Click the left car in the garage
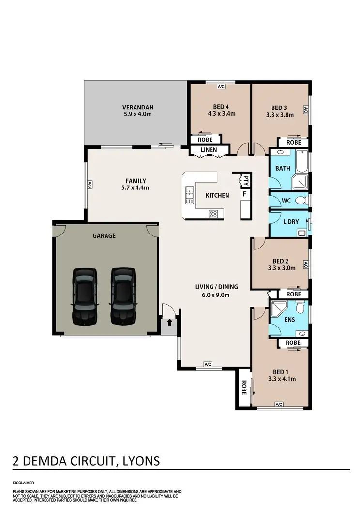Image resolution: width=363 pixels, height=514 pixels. (85, 296)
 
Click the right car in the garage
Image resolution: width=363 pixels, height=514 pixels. (122, 296)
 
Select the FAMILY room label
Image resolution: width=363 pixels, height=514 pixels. (136, 181)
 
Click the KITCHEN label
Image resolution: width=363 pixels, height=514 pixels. (217, 195)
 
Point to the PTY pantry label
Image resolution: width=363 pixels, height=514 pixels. (246, 180)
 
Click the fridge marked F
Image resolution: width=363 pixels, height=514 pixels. (244, 194)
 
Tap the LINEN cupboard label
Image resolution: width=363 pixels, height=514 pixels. (209, 150)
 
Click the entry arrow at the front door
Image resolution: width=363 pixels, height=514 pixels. (169, 321)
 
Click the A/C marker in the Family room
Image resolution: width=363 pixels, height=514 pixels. (90, 184)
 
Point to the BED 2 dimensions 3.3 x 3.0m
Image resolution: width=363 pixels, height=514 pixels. (281, 267)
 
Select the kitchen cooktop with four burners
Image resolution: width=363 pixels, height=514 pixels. (213, 213)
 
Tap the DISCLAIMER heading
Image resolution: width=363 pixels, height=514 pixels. (23, 483)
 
